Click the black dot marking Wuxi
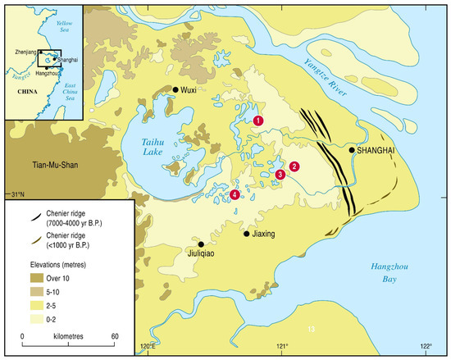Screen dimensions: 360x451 [175, 89]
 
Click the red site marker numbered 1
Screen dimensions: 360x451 [258, 121]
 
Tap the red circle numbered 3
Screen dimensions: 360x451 [280, 175]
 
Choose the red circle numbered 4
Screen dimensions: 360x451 [235, 194]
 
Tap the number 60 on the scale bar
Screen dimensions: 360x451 [115, 336]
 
